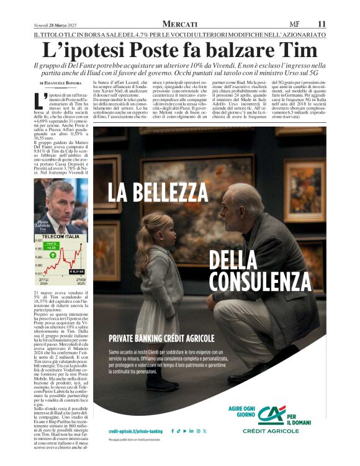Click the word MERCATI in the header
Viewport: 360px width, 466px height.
tap(180, 24)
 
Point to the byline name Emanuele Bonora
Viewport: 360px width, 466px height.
tap(68, 83)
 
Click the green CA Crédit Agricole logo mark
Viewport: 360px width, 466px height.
tap(272, 414)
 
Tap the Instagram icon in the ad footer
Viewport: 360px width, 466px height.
tap(197, 431)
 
